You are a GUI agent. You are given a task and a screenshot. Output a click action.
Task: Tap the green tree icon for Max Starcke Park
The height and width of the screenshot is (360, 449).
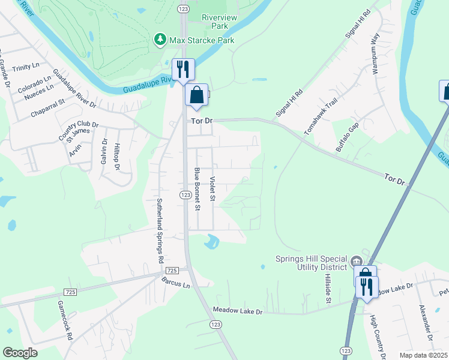tap(160, 40)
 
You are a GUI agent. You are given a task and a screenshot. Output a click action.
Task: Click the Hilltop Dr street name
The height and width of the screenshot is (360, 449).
tap(118, 156)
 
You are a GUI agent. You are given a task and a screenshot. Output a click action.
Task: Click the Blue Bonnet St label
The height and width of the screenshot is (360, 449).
tap(197, 188)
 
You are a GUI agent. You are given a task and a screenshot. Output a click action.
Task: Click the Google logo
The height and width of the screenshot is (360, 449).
tap(20, 353)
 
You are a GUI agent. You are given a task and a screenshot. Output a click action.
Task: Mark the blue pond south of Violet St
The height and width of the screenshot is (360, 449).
tap(211, 242)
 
